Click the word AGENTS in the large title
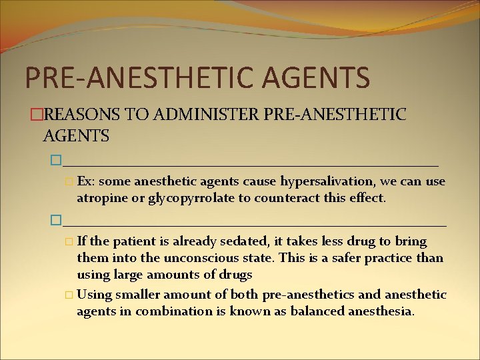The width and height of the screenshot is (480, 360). pos(317,77)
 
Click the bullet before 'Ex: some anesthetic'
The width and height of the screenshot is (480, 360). pos(70,182)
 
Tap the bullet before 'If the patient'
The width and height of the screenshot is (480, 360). pos(70,241)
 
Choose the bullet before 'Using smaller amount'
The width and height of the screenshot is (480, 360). pos(70,295)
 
